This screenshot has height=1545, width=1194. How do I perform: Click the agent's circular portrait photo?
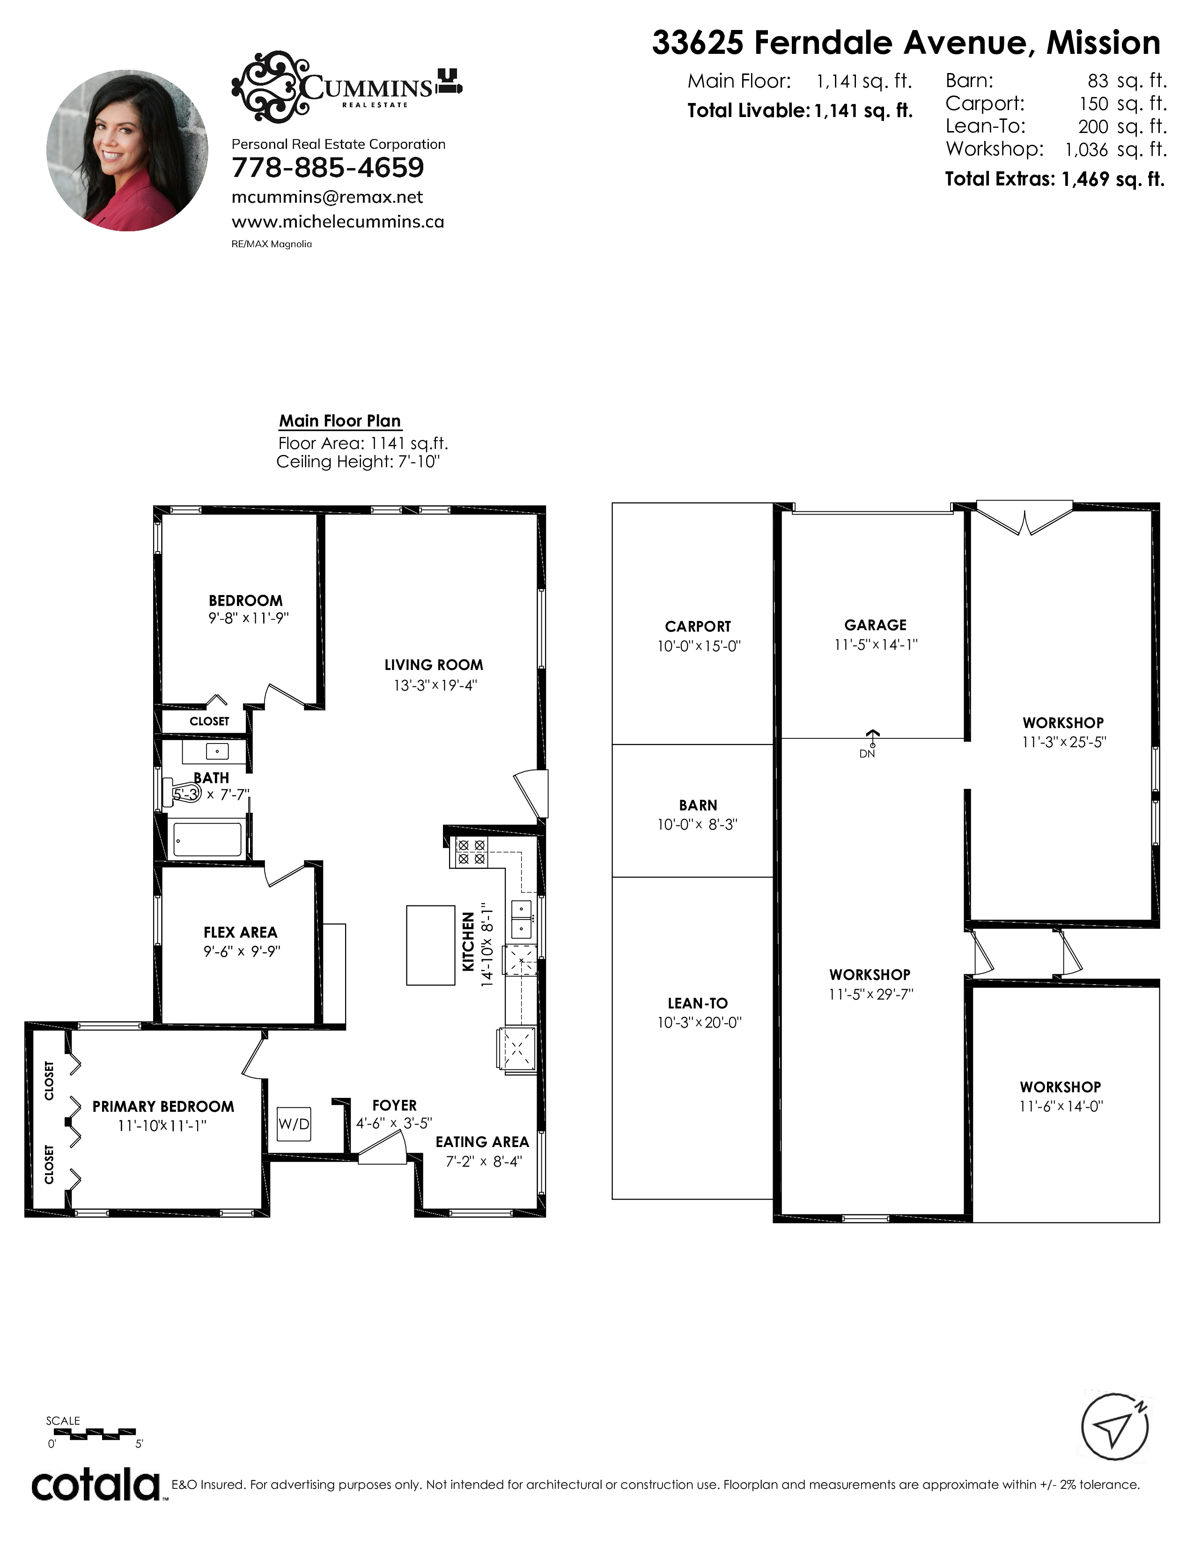[x=127, y=150]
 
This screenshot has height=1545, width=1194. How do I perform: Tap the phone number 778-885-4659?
[x=327, y=168]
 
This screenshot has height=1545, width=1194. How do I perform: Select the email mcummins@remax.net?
[x=327, y=198]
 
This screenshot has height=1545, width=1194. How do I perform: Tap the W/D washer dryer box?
[x=294, y=1123]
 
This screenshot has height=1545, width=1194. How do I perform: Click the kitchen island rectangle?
[x=430, y=945]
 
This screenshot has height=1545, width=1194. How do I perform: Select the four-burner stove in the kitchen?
[x=471, y=852]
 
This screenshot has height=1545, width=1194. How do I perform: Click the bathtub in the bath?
[x=207, y=839]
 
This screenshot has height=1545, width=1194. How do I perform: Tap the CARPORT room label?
[x=698, y=626]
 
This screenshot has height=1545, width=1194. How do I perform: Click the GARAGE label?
[x=875, y=625]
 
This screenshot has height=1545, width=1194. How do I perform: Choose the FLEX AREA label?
[x=241, y=932]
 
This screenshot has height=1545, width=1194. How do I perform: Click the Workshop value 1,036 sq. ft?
[x=1115, y=149]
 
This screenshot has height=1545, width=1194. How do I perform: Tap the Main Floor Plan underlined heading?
[x=340, y=421]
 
